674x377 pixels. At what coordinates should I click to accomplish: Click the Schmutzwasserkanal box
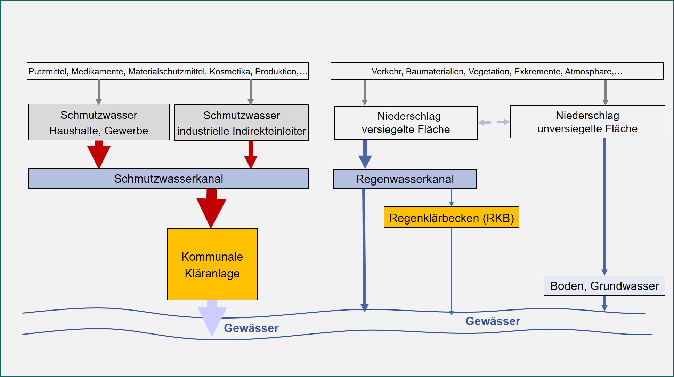pos(169,179)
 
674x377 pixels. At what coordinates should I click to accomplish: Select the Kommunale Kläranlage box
pos(212,265)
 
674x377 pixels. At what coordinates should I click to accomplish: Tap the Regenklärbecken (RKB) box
pos(451,218)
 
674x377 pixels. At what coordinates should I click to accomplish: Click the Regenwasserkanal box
pos(405,179)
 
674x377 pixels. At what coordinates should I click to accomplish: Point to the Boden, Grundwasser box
pos(604,286)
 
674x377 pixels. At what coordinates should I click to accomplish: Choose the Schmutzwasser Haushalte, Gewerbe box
pos(99,122)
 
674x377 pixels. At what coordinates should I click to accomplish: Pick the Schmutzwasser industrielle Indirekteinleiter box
pos(242,123)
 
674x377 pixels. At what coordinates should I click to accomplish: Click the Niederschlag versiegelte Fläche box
pos(406,123)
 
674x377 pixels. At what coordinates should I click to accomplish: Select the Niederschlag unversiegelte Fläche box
pos(587,122)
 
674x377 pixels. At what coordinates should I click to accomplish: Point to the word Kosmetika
pos(230,71)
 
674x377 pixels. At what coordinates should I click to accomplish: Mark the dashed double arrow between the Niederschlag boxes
pos(494,122)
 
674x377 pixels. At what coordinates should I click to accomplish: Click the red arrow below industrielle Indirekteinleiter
pos(251,155)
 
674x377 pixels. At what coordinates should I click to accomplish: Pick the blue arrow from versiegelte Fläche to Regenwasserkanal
pos(365,155)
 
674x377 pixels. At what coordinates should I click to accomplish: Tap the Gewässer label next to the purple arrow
pos(251,328)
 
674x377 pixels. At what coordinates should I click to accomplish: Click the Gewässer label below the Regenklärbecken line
pos(493,321)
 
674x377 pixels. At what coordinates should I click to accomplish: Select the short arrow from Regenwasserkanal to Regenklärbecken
pos(451,198)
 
